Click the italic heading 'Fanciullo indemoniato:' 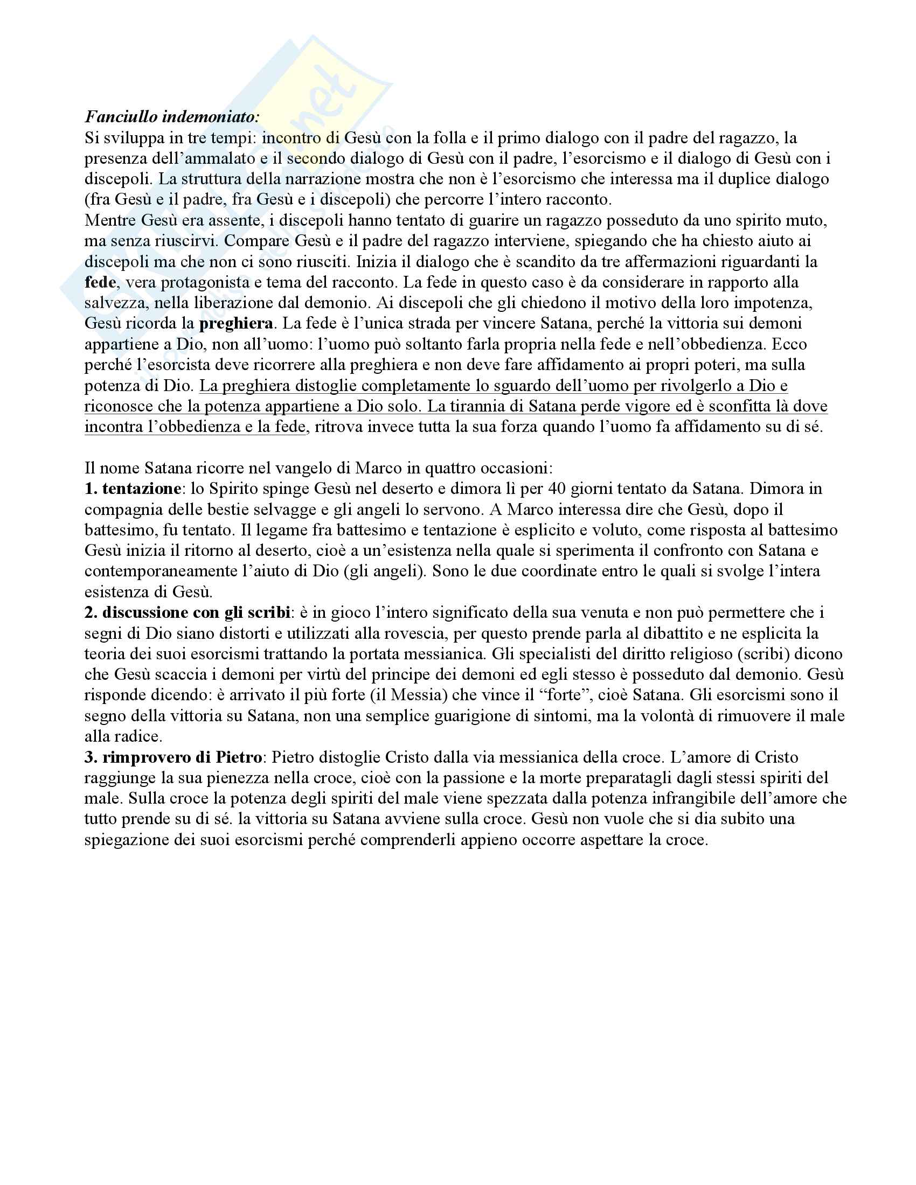coord(172,117)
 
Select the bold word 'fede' coord(100,282)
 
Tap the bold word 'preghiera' coord(236,323)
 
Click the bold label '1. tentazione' coord(133,489)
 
